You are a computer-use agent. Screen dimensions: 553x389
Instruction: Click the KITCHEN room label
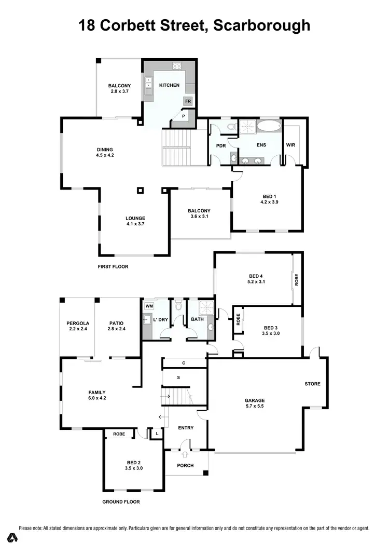point(169,85)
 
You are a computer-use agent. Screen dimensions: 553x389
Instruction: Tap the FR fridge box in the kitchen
point(188,101)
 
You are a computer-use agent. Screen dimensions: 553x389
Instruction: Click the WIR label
point(290,145)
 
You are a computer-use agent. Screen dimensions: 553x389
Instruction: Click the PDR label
point(221,145)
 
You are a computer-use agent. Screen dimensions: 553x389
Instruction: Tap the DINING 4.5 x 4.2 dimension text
point(105,155)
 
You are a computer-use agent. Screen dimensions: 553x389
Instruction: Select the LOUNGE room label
point(135,218)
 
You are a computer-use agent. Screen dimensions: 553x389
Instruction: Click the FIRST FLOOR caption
point(113,266)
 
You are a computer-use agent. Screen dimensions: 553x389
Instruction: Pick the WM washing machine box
point(148,307)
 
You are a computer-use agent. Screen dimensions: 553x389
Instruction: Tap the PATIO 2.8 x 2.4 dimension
point(117,329)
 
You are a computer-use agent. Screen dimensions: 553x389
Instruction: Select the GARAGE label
point(255,400)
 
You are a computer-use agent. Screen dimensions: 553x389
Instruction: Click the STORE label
point(312,384)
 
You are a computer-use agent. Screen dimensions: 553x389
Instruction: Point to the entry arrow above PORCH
point(185,454)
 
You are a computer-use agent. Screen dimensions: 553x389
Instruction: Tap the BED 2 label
point(133,462)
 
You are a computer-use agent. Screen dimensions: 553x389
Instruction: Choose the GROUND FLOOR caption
point(121,502)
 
